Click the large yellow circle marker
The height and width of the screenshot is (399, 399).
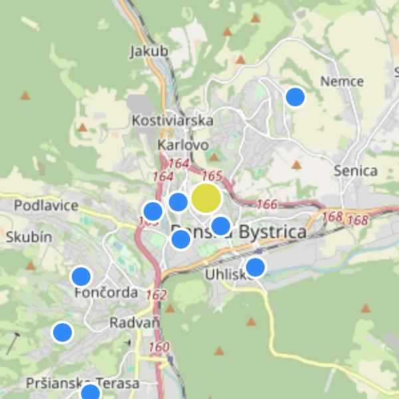(206, 198)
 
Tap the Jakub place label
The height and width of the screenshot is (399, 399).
(149, 51)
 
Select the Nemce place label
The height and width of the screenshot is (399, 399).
(342, 81)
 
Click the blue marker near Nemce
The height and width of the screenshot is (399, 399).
(295, 97)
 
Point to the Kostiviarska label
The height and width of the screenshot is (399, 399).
(173, 120)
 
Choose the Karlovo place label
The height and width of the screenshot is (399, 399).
(184, 144)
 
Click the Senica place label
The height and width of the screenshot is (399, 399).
(356, 170)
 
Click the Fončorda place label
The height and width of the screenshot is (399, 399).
(106, 293)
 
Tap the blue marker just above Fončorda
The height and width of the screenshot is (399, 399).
(81, 276)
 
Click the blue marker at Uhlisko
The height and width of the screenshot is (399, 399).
(255, 267)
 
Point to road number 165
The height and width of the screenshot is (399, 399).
(211, 176)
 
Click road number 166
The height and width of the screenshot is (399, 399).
(267, 204)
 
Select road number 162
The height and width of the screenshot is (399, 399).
(156, 294)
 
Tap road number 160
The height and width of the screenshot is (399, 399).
(159, 346)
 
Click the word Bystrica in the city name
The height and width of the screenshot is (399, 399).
(273, 232)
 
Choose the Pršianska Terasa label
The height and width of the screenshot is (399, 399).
(82, 384)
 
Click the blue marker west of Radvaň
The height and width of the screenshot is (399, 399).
(63, 332)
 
